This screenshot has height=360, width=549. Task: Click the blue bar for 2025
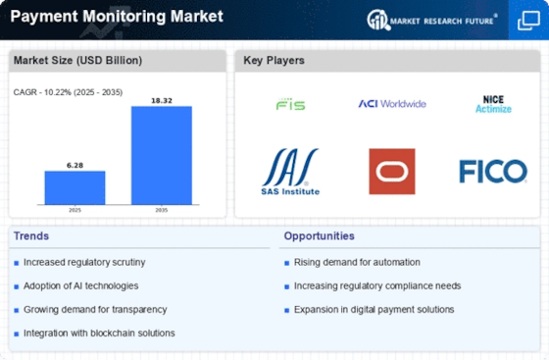click(x=75, y=187)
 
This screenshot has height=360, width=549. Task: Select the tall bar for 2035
click(x=162, y=155)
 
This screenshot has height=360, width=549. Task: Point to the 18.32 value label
click(x=162, y=100)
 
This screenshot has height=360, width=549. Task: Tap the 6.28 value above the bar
click(x=75, y=166)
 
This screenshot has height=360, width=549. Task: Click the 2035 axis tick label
click(x=162, y=210)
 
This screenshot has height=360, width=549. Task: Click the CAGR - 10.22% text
click(x=43, y=92)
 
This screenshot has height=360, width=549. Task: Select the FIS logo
click(x=290, y=104)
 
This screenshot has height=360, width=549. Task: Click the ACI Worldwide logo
click(x=392, y=104)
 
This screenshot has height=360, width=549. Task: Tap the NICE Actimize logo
click(x=493, y=104)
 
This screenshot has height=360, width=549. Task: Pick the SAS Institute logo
click(x=290, y=172)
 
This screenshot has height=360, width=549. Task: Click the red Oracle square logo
click(x=392, y=172)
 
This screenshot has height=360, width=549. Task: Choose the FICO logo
click(x=493, y=172)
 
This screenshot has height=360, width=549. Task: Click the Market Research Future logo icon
click(x=378, y=20)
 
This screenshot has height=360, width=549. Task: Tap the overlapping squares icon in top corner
click(x=528, y=21)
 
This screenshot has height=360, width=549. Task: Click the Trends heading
click(x=31, y=236)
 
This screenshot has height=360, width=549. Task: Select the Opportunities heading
click(x=319, y=236)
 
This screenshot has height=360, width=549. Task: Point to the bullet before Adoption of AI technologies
click(x=16, y=286)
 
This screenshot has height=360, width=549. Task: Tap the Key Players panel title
click(x=274, y=61)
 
